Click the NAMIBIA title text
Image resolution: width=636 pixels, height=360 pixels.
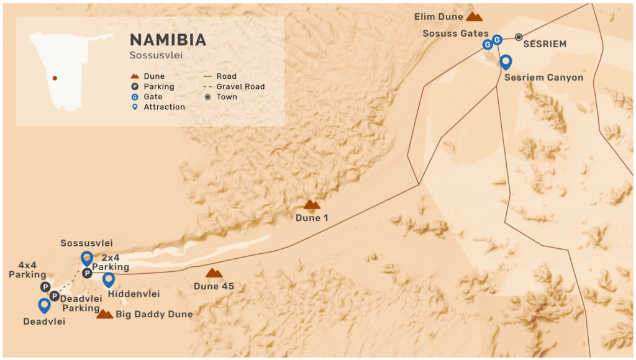[x=168, y=40]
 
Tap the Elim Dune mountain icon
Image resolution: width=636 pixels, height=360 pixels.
[x=475, y=17]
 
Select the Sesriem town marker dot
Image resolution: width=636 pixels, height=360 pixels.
[x=519, y=37]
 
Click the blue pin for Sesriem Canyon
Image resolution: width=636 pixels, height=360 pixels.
[x=506, y=61]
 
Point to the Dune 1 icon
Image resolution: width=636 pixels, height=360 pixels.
[x=312, y=204]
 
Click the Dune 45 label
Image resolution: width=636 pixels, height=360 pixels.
[x=214, y=286]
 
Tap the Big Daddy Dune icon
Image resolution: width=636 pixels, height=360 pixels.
[x=105, y=314]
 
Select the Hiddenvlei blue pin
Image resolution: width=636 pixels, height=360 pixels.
[x=109, y=279]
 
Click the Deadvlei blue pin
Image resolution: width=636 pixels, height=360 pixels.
[x=44, y=305]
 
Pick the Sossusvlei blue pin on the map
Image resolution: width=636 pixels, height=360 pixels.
[x=87, y=258]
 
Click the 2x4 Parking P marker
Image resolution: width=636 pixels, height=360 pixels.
[x=88, y=273]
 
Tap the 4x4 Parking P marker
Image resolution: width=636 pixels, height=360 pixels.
[x=45, y=287]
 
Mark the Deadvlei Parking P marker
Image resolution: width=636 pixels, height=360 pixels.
[x=55, y=296]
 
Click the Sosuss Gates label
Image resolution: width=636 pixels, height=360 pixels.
[x=455, y=34]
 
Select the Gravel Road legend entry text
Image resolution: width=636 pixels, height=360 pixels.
[x=240, y=87]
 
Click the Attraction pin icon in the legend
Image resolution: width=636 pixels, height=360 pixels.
[x=134, y=107]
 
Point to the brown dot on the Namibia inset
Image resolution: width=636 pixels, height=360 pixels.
[x=55, y=78]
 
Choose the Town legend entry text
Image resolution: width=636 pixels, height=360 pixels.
[x=227, y=97]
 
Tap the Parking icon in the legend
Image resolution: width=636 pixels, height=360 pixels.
[x=134, y=87]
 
